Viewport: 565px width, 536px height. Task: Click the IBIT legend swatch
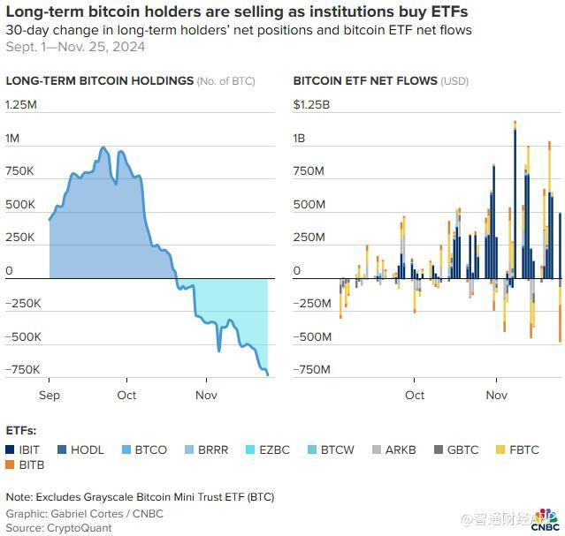coord(11,449)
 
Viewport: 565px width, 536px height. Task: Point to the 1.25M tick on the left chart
coord(21,105)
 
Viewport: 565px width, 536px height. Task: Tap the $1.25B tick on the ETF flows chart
coord(311,105)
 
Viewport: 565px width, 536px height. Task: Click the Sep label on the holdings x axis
coord(50,395)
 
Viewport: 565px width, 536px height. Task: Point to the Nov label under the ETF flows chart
coord(497,395)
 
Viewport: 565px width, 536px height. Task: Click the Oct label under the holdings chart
coord(126,395)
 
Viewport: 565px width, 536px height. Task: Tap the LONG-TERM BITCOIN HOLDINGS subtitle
coord(99,80)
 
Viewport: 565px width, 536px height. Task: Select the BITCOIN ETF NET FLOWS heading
coord(365,80)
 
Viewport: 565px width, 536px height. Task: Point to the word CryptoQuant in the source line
coord(82,527)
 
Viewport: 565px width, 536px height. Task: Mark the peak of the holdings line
coord(104,148)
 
